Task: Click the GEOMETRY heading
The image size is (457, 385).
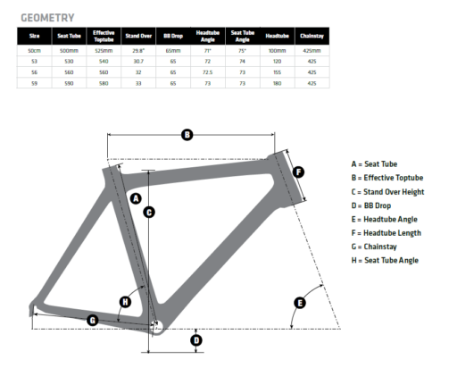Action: (47, 18)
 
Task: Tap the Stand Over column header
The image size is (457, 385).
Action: (138, 36)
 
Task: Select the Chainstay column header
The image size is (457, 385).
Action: (312, 36)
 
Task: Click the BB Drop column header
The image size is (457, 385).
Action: (173, 36)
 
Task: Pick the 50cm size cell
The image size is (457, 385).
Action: (34, 51)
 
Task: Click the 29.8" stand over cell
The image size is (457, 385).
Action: (138, 51)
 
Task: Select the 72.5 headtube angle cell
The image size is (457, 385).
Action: (208, 72)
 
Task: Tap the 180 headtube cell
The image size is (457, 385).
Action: (278, 83)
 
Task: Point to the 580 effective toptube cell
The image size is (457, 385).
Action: (104, 83)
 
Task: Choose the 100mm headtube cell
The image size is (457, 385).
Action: (278, 51)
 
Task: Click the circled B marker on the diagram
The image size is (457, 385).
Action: (187, 135)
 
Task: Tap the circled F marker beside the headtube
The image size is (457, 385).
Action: (298, 172)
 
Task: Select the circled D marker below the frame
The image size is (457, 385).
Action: (196, 340)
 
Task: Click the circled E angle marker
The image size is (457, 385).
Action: (300, 303)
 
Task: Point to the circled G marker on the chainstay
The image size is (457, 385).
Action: (93, 321)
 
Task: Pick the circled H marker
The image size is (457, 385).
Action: (125, 302)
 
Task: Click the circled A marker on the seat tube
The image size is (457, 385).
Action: (136, 198)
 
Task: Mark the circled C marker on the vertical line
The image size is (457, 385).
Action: (149, 213)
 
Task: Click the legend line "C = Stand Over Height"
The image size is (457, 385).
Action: (387, 192)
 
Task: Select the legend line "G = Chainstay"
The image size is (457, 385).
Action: (374, 247)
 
